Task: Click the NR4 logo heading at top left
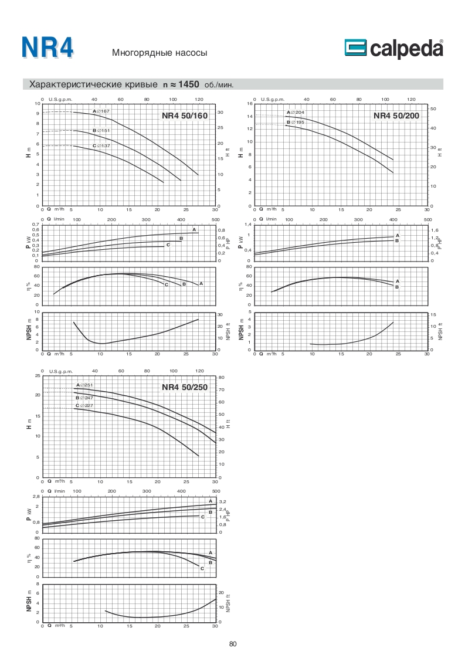pos(47,48)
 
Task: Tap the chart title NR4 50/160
pos(185,116)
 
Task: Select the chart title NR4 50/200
pos(397,116)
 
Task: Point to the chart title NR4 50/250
pos(185,388)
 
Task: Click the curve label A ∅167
pos(101,111)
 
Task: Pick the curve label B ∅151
pos(101,130)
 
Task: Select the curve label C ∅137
pos(101,145)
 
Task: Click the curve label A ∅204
pos(295,112)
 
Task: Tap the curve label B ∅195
pos(295,122)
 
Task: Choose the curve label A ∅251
pos(84,385)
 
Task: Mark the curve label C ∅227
pos(84,405)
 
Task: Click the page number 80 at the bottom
pos(233,644)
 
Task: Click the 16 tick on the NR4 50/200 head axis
pos(250,103)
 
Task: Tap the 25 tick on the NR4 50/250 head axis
pos(38,375)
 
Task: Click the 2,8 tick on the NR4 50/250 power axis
pos(36,496)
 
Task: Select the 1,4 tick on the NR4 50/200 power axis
pos(249,225)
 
